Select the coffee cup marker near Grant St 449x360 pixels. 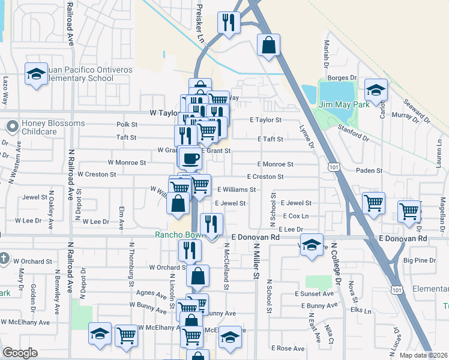190,158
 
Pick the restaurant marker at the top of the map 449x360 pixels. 229,23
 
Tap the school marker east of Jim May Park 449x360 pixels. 376,90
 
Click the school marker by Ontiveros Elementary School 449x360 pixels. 36,74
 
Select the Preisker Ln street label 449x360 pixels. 199,24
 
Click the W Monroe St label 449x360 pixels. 127,162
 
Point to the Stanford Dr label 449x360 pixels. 353,133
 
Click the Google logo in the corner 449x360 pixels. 20,352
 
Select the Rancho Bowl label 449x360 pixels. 175,235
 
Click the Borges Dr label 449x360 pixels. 343,77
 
